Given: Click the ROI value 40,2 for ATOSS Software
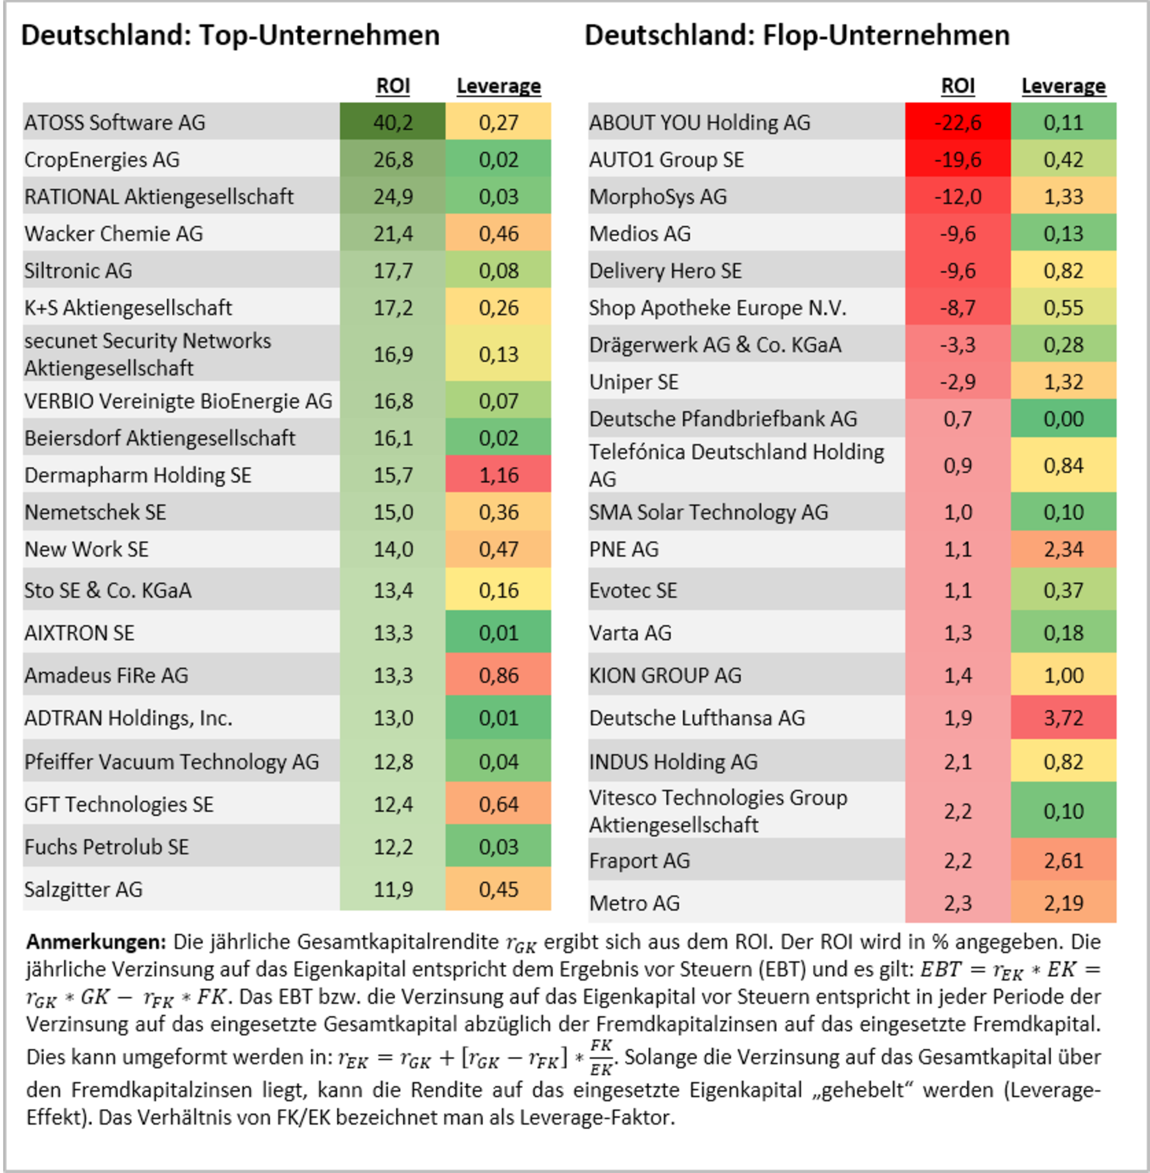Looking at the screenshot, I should pos(393,122).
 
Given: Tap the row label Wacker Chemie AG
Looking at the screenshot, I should pos(113,234).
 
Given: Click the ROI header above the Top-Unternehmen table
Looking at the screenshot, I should pos(393,86).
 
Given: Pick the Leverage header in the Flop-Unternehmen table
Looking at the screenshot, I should pos(1063,86).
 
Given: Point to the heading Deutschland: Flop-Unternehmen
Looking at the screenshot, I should pos(797,35).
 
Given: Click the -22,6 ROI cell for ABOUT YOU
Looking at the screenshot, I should pos(958,122).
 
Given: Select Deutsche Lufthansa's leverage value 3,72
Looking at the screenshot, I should pos(1063,718).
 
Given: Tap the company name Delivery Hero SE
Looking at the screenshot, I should pos(665,271).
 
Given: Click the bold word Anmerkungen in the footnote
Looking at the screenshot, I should pos(95,942).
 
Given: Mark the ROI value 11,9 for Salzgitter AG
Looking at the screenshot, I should pos(393,889).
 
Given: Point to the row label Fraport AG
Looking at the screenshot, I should pos(639,861).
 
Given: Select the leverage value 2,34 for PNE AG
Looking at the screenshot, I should pos(1063,550).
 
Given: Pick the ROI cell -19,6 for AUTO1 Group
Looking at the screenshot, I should pos(958,160).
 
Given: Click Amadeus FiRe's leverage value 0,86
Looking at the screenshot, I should pos(498,675).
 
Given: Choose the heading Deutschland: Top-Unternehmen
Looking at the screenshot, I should pos(230,35).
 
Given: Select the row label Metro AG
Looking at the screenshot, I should pos(634,903).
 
